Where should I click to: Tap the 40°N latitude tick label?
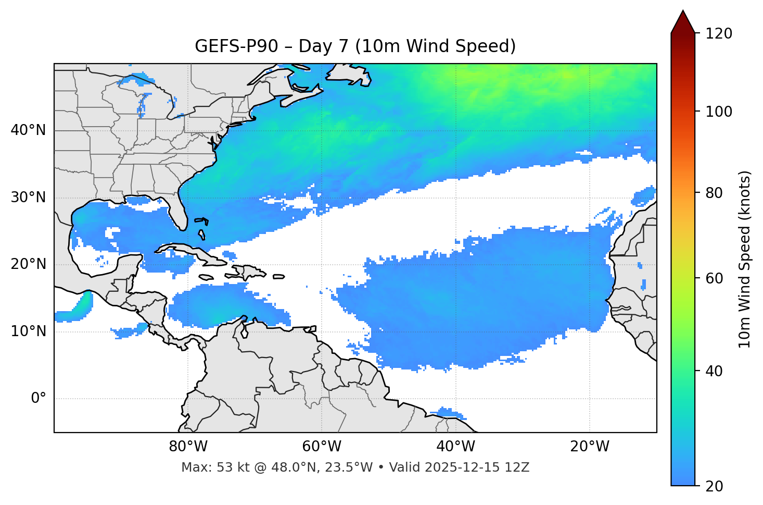pyautogui.click(x=28, y=130)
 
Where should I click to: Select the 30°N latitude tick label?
pyautogui.click(x=28, y=198)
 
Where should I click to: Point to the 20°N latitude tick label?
pyautogui.click(x=28, y=264)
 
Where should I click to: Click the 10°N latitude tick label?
pyautogui.click(x=28, y=331)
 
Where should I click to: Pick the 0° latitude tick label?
pyautogui.click(x=38, y=399)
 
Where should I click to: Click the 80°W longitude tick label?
pyautogui.click(x=188, y=447)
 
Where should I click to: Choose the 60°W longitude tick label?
pyautogui.click(x=322, y=447)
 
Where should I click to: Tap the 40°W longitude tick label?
pyautogui.click(x=455, y=447)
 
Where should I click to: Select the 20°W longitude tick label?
pyautogui.click(x=589, y=447)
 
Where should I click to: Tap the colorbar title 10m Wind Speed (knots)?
pyautogui.click(x=745, y=259)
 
